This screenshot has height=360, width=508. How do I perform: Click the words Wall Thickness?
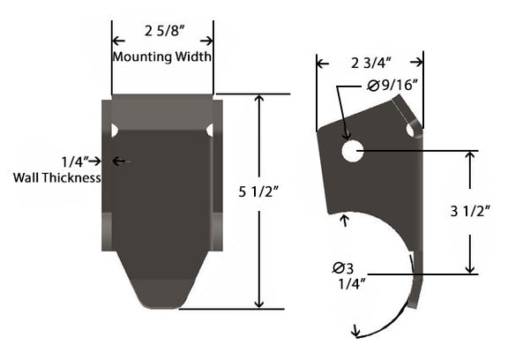pyautogui.click(x=56, y=177)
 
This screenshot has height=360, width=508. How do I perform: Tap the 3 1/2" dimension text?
pyautogui.click(x=469, y=210)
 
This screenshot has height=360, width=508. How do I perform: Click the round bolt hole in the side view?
pyautogui.click(x=353, y=151)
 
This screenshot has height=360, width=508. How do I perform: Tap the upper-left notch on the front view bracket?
pyautogui.click(x=114, y=131)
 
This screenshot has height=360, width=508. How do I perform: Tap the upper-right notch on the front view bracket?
pyautogui.click(x=210, y=131)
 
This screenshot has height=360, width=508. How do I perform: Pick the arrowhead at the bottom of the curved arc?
pyautogui.click(x=355, y=333)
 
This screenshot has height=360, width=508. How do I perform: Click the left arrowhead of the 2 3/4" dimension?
pyautogui.click(x=321, y=64)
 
